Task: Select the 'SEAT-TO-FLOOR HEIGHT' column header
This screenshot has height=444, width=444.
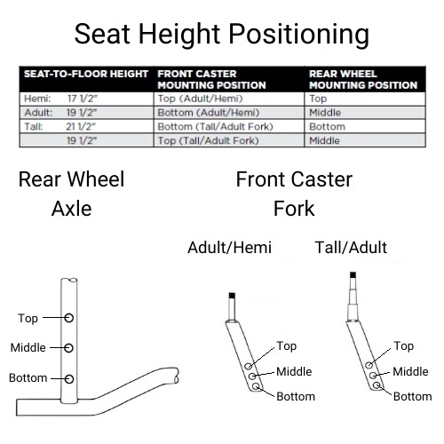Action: click(x=85, y=74)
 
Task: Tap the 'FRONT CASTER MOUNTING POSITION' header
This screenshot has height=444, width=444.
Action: click(x=211, y=79)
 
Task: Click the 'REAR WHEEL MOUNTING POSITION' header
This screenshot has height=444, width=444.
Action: click(x=362, y=79)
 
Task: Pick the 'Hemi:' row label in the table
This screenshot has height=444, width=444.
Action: click(x=36, y=99)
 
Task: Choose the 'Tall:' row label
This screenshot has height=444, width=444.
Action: click(x=34, y=127)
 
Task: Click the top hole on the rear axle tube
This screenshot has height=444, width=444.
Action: click(x=69, y=317)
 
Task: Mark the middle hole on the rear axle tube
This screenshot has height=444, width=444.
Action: click(x=69, y=347)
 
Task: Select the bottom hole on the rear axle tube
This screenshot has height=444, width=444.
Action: click(x=69, y=378)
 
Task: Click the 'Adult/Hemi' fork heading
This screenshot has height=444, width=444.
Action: click(x=229, y=247)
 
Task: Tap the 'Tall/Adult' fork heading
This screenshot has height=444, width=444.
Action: click(x=351, y=247)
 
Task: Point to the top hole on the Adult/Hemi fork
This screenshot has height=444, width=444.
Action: click(x=250, y=365)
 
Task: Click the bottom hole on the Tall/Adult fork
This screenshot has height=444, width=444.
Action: click(x=377, y=385)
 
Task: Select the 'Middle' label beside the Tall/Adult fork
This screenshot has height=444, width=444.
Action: click(x=410, y=371)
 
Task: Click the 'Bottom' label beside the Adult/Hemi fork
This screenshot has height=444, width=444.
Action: click(x=295, y=396)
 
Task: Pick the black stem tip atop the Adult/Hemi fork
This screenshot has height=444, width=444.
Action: click(x=232, y=295)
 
